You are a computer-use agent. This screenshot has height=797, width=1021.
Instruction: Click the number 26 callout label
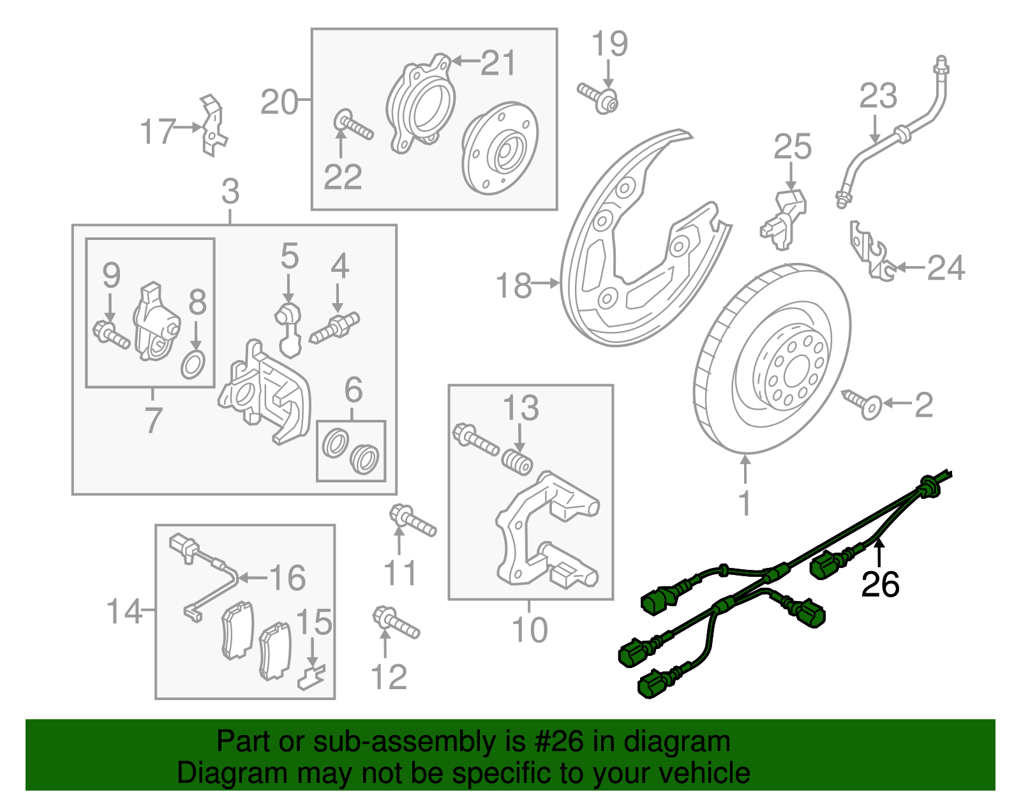pos(880,584)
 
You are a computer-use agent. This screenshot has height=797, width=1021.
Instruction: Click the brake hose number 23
pos(878,97)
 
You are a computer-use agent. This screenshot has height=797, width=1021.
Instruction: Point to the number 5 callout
pos(289,257)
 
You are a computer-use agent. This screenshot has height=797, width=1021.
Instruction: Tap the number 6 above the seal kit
pos(354,390)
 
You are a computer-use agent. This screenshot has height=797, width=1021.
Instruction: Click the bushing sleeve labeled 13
pos(516,463)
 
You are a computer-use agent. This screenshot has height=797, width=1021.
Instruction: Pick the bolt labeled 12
pos(396,622)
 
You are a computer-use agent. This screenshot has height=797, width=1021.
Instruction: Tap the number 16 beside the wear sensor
pos(288,578)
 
